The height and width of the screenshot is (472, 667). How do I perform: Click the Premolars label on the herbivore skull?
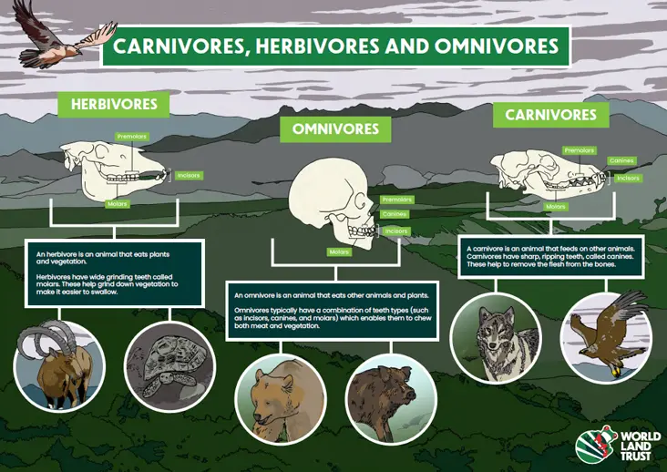point(131,137)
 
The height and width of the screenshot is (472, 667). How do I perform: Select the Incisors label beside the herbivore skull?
point(189,175)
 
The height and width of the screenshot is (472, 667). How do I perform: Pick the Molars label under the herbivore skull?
point(117,204)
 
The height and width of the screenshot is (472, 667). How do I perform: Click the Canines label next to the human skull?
point(395,215)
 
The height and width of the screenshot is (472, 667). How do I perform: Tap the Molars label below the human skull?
point(339,251)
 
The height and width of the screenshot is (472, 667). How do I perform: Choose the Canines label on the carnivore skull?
point(621,161)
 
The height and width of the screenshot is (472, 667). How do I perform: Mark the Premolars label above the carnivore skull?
point(580,150)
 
